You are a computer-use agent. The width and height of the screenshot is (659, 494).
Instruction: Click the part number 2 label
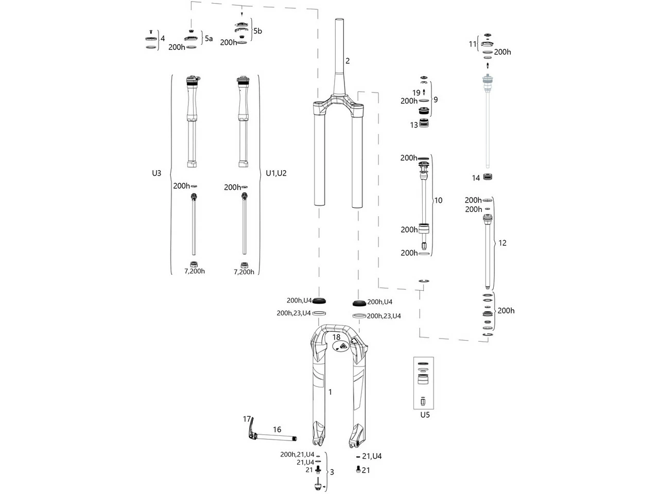348,61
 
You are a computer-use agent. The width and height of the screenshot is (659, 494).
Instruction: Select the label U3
157,173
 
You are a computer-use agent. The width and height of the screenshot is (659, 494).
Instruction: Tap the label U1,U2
276,173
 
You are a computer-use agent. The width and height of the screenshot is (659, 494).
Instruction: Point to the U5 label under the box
424,415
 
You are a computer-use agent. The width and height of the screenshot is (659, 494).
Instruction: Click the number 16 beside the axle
277,430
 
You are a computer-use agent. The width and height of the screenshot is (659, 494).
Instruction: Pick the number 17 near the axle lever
247,419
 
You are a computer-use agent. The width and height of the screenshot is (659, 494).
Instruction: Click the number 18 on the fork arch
336,337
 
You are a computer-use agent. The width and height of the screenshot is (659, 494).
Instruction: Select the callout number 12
502,243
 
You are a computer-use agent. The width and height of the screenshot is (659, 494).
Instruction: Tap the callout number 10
438,200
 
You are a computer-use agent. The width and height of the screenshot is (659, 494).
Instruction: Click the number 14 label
476,178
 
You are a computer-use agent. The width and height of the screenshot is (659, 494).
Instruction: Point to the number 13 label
414,125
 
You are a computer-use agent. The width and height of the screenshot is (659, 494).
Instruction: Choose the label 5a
209,38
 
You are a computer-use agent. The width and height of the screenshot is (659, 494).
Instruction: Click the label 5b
257,31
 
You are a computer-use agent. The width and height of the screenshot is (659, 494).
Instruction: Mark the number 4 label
163,38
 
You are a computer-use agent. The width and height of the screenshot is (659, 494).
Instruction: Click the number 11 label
473,44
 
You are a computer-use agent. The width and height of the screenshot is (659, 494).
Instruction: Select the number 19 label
416,93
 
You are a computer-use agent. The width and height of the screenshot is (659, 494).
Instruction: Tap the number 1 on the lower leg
330,392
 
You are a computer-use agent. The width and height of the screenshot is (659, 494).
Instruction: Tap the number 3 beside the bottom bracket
332,472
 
